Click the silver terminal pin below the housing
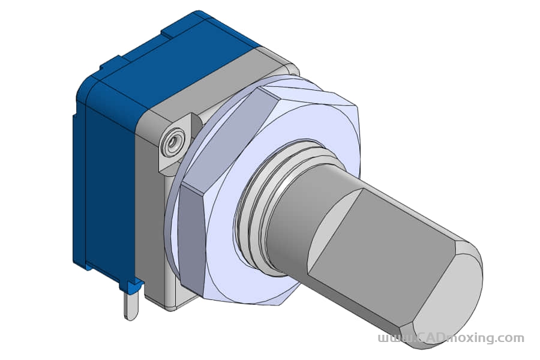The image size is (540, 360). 131,305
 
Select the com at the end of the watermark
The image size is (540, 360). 511,338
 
